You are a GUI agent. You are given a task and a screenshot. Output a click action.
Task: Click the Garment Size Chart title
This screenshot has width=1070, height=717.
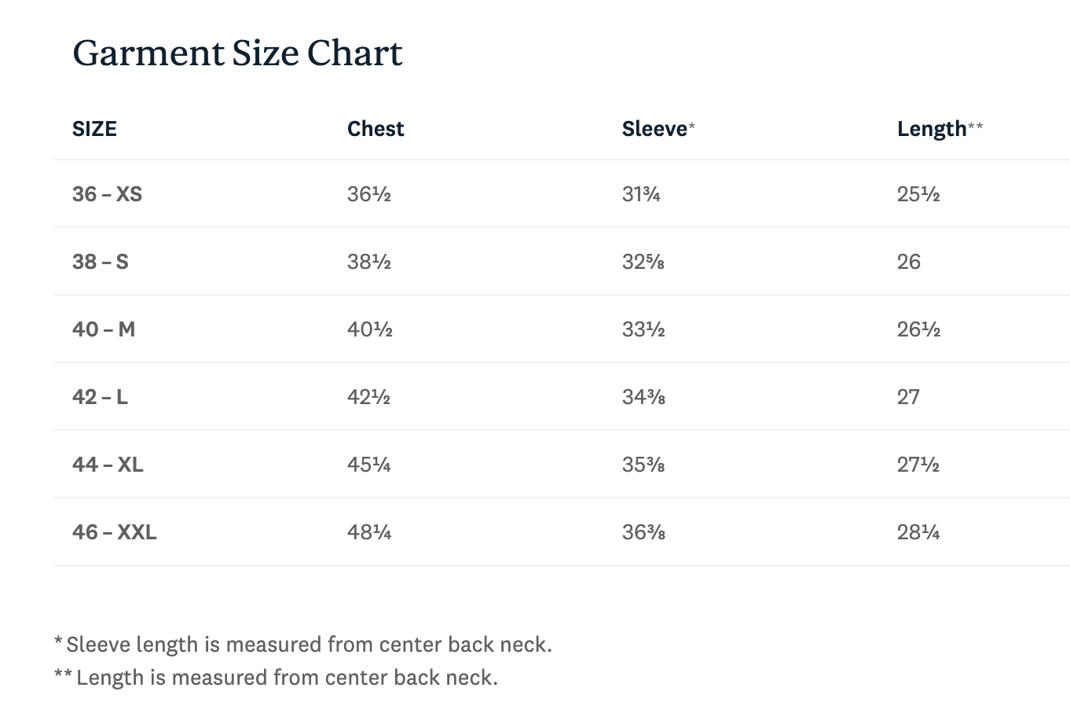[x=237, y=53]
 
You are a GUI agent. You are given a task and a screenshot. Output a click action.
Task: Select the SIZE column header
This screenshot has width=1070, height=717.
[x=94, y=129]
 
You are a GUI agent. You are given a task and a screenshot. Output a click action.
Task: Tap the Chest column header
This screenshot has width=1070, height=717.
[x=376, y=129]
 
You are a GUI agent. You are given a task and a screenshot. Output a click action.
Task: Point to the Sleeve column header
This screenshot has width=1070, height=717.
[x=658, y=129]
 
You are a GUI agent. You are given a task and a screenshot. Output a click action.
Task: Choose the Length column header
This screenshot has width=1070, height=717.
[x=940, y=130]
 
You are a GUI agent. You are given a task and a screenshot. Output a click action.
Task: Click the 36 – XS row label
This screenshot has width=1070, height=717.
[x=107, y=194]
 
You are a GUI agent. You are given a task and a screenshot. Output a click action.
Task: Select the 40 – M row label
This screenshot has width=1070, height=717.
[x=104, y=329]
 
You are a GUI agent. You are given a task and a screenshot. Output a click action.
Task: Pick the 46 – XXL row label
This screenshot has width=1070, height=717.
[x=114, y=532]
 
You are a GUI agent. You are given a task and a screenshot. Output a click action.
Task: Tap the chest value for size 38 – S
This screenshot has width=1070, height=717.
[x=368, y=262]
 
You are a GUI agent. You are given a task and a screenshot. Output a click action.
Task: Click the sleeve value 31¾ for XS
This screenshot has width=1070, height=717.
[x=641, y=194]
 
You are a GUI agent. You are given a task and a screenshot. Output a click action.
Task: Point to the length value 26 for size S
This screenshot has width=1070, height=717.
[x=908, y=262]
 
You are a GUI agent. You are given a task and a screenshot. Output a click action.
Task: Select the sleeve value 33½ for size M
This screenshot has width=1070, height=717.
[x=643, y=329]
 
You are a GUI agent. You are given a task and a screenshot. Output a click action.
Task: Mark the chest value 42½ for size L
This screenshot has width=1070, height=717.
[x=368, y=397]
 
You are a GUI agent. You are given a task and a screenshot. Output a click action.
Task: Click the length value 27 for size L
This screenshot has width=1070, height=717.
[x=908, y=397]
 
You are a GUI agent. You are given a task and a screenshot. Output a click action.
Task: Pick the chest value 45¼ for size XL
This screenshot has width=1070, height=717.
[x=368, y=465]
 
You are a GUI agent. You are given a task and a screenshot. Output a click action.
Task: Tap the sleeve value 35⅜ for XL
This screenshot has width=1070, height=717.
[x=643, y=465]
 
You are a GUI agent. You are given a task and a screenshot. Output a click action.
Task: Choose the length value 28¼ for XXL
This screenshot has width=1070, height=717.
[x=918, y=532]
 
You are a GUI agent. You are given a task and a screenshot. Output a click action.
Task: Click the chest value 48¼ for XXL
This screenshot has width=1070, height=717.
[x=369, y=532]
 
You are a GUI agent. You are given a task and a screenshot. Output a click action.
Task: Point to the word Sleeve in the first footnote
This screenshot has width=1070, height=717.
[x=98, y=645]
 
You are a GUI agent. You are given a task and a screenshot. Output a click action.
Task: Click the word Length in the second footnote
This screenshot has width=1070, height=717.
[x=110, y=678]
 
